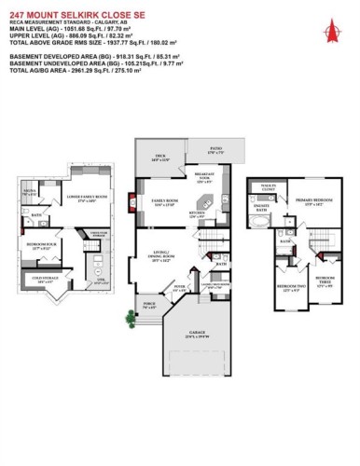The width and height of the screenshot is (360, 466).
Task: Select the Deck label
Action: tap(160, 158)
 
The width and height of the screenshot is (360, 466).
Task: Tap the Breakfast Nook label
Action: tap(206, 178)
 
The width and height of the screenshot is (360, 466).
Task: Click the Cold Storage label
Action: tap(43, 278)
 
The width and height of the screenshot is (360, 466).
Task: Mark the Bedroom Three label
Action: tap(325, 280)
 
